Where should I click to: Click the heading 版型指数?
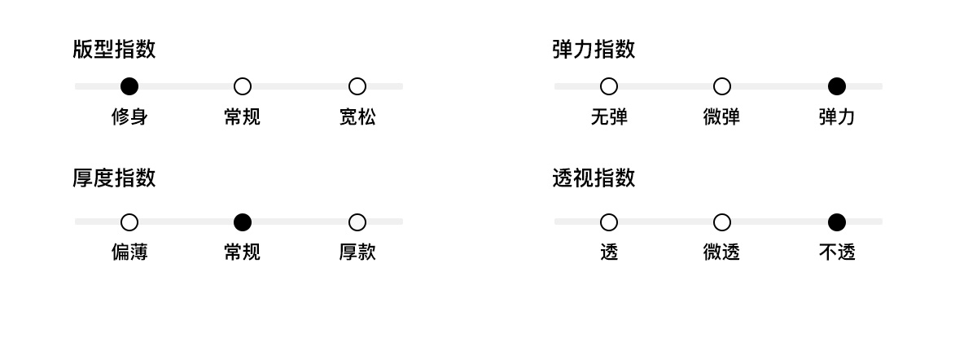(114, 50)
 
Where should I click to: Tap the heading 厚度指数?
(114, 178)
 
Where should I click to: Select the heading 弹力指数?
(594, 50)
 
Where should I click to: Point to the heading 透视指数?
(594, 178)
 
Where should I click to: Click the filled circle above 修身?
(129, 86)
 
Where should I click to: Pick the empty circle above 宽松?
(357, 86)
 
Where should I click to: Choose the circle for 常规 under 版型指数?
(243, 86)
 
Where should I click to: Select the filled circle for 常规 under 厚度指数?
(243, 222)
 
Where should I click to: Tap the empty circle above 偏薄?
(129, 222)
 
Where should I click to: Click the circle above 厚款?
(357, 222)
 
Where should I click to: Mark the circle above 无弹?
(609, 86)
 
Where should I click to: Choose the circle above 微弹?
(722, 86)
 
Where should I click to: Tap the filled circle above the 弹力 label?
(836, 86)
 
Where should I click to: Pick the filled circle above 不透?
(836, 222)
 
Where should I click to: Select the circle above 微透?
(722, 222)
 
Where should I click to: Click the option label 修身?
(129, 117)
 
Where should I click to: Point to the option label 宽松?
(357, 117)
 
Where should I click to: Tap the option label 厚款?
(357, 252)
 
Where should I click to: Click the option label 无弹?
(609, 117)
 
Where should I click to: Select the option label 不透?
(836, 252)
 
